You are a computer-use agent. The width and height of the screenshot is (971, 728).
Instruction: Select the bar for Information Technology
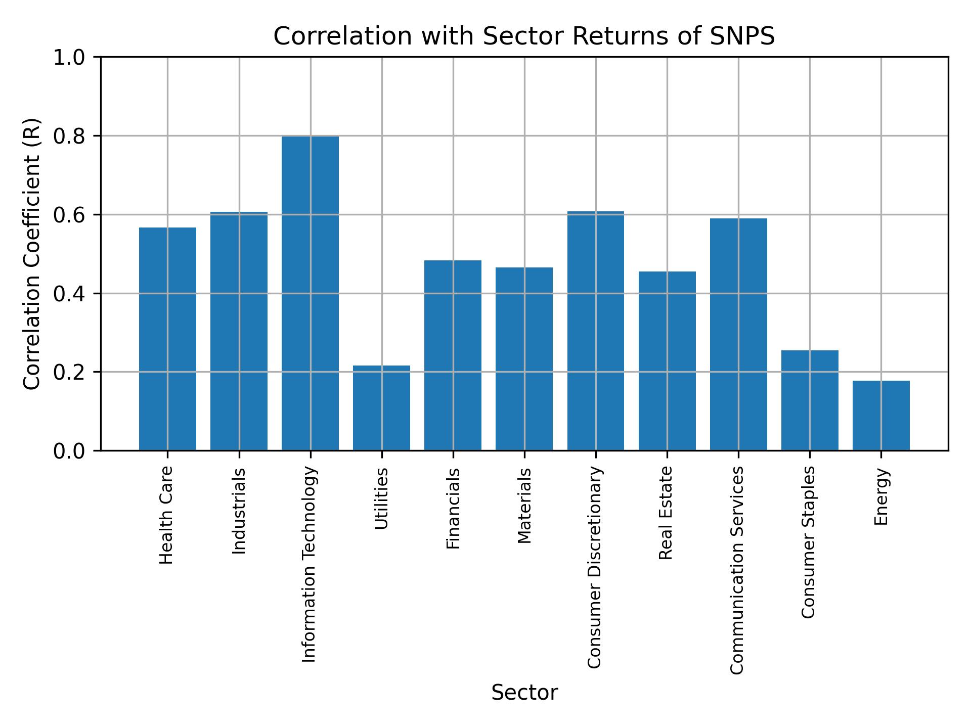click(x=310, y=293)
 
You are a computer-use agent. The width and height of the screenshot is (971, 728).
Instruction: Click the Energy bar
click(x=881, y=416)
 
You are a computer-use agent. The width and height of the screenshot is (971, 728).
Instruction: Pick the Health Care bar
click(x=167, y=339)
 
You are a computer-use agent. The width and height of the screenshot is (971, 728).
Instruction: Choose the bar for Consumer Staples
click(x=810, y=400)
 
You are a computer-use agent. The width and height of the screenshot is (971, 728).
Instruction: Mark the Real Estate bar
click(x=667, y=361)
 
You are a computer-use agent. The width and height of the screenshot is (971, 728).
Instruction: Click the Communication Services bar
click(x=738, y=334)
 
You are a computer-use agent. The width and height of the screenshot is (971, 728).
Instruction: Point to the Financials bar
click(x=453, y=355)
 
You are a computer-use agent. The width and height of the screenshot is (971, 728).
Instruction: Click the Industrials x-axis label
click(x=239, y=511)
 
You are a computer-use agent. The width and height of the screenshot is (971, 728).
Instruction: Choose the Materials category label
click(x=524, y=506)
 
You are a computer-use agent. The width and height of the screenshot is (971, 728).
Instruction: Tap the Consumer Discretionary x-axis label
click(x=595, y=567)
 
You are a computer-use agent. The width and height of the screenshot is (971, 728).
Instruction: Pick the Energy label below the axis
click(x=881, y=497)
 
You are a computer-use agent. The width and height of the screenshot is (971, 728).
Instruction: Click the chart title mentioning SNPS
click(x=524, y=36)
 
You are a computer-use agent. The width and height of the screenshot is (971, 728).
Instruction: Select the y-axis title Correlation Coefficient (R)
click(x=31, y=254)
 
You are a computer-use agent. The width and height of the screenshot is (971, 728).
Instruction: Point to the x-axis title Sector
click(x=524, y=693)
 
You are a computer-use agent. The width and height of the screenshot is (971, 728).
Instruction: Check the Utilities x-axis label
click(x=382, y=498)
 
